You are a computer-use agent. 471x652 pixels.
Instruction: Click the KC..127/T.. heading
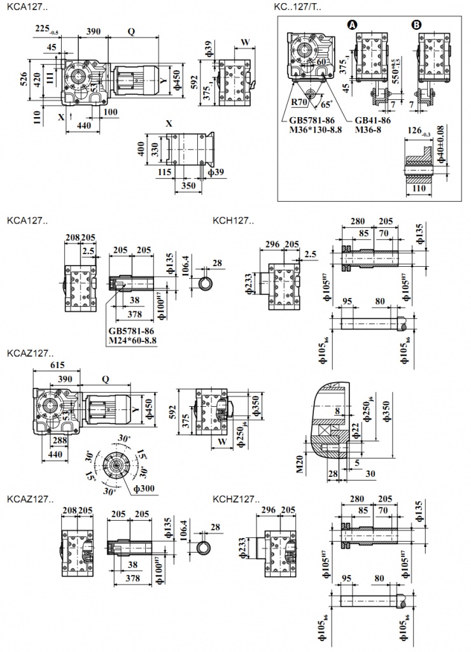point(298,7)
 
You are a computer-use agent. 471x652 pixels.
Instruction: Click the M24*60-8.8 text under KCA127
point(133,340)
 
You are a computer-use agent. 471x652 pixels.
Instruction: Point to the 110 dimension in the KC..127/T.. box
point(418,189)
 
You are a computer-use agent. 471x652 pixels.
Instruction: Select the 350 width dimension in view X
point(188,186)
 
